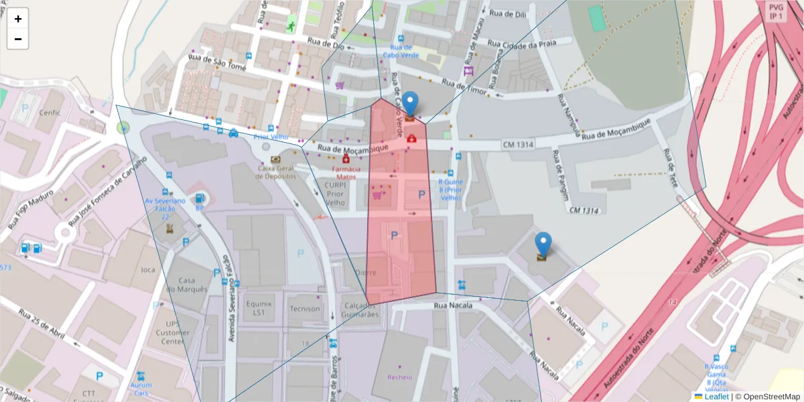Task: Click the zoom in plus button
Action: tap(18, 19)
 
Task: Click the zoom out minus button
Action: tap(18, 39)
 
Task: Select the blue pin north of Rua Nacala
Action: tap(543, 245)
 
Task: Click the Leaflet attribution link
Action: tap(716, 397)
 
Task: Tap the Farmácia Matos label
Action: tap(346, 174)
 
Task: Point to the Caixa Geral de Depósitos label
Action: tap(275, 172)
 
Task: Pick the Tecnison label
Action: tap(305, 309)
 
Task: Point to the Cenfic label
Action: tap(50, 113)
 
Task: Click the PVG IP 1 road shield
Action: tap(776, 11)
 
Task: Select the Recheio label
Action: tap(400, 377)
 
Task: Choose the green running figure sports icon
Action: tap(291, 27)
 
